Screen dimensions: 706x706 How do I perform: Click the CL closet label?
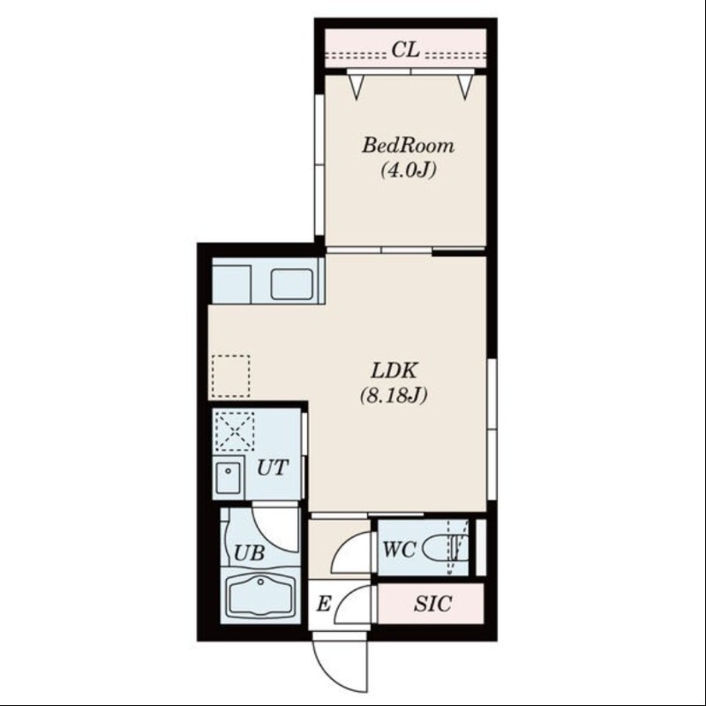pos(405,49)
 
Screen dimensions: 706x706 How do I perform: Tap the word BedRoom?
pos(408,146)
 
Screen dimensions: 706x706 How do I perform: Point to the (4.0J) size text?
pos(409,170)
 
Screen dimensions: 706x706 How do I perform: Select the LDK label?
pos(394,371)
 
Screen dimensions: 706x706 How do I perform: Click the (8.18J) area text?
pos(394,395)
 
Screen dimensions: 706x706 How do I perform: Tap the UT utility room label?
pos(272,468)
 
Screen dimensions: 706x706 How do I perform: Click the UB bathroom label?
pos(249,553)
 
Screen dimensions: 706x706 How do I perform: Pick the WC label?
pos(399,549)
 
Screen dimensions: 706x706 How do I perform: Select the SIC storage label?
pos(432,604)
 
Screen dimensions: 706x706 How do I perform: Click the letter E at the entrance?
pos(324,604)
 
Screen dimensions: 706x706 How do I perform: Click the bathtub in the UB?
pos(260,595)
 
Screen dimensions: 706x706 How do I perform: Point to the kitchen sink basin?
pos(291,284)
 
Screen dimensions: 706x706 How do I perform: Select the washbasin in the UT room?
pos(229,477)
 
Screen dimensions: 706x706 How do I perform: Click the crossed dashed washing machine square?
pos(235,431)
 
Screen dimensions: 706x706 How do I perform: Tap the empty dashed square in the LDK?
pos(230,376)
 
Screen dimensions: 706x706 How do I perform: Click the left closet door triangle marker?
pos(357,86)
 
